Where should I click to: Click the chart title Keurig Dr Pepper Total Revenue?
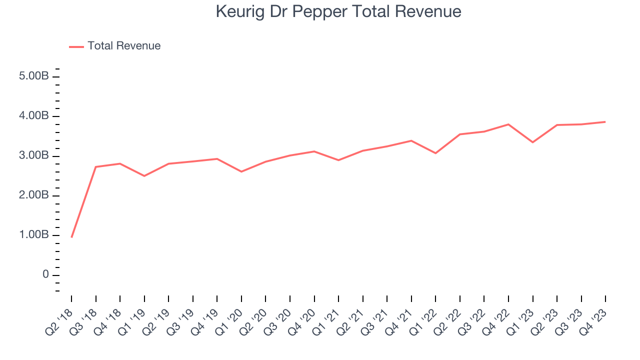tap(338, 11)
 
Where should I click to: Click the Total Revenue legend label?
tap(124, 46)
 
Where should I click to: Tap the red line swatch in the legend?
tap(76, 46)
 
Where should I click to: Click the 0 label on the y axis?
tap(45, 275)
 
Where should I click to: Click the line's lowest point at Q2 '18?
tap(71, 237)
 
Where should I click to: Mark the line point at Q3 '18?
tap(95, 167)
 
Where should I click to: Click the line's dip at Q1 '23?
tap(532, 142)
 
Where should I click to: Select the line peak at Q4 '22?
tap(508, 124)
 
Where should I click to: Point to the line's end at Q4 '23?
tap(605, 122)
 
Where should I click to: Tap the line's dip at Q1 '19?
tap(144, 176)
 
